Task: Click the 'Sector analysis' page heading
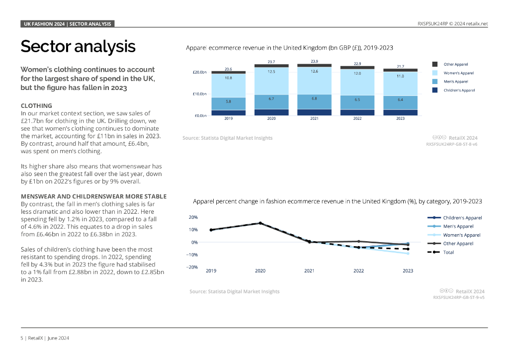(78, 46)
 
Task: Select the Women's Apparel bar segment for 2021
(314, 81)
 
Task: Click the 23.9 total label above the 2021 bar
(314, 61)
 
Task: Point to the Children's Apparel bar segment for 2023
(400, 112)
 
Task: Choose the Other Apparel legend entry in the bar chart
(455, 64)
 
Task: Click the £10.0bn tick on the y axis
(200, 94)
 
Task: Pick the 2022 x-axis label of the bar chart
(357, 119)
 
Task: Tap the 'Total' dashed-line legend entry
(448, 252)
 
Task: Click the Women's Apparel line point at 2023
(408, 254)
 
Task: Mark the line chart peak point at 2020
(260, 223)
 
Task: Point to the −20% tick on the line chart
(192, 267)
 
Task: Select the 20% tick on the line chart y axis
(193, 217)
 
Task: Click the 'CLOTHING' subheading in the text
(36, 106)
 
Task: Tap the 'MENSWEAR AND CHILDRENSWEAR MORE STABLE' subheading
(93, 196)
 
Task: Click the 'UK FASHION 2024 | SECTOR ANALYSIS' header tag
(68, 24)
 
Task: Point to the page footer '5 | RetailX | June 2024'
(45, 338)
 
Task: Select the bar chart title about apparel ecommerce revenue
(289, 48)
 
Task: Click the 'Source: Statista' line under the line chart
(234, 291)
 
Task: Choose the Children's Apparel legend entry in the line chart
(462, 218)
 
